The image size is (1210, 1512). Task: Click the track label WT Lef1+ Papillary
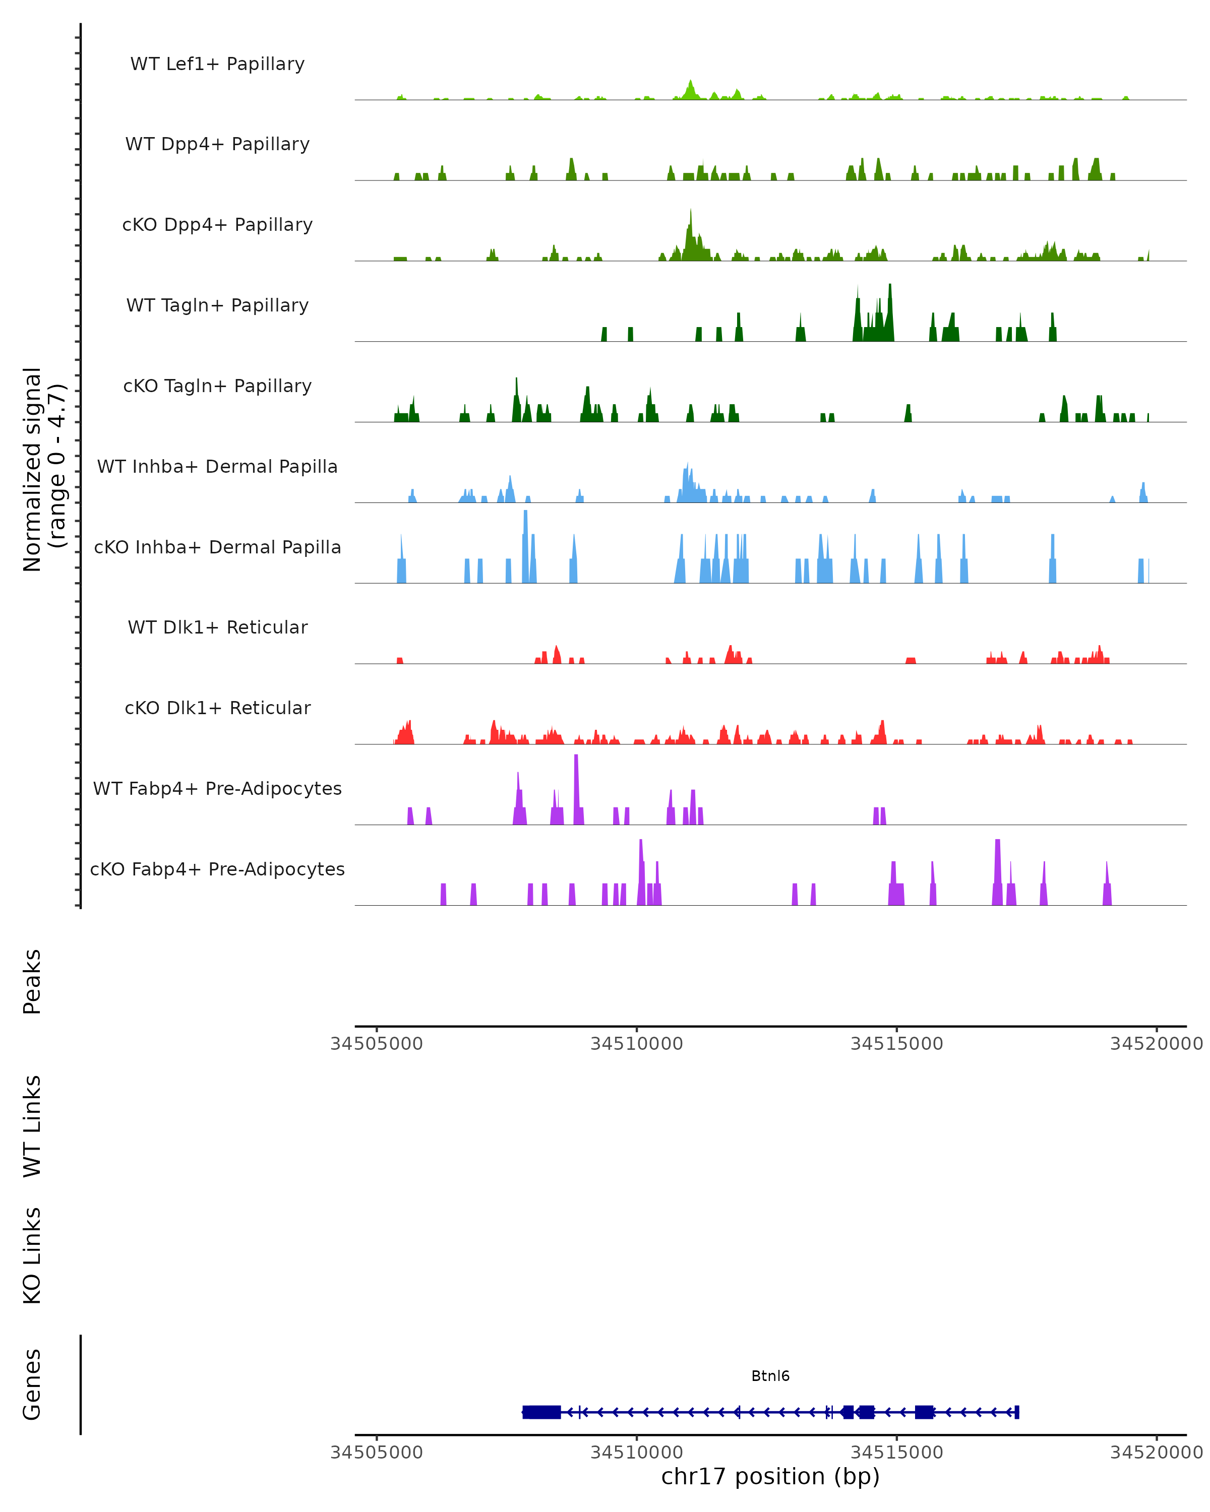click(x=217, y=64)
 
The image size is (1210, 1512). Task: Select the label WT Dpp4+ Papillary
click(x=217, y=145)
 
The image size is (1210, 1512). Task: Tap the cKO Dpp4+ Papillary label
click(x=217, y=225)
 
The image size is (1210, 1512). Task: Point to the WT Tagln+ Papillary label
click(x=217, y=306)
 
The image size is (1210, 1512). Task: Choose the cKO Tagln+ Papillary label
click(x=217, y=387)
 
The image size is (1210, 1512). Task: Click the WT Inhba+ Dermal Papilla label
click(x=217, y=467)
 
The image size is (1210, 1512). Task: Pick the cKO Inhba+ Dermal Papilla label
click(x=217, y=548)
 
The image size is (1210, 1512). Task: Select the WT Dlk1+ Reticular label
click(x=217, y=627)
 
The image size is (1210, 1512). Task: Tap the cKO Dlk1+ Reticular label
click(x=217, y=708)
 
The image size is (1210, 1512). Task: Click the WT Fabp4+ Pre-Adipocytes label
click(x=217, y=789)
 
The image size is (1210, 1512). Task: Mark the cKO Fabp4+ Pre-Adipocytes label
click(x=217, y=869)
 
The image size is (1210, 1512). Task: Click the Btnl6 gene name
click(x=770, y=1376)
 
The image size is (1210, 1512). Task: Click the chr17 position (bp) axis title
click(x=770, y=1477)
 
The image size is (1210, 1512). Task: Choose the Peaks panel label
click(x=32, y=982)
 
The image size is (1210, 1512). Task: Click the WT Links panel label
click(x=32, y=1125)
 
